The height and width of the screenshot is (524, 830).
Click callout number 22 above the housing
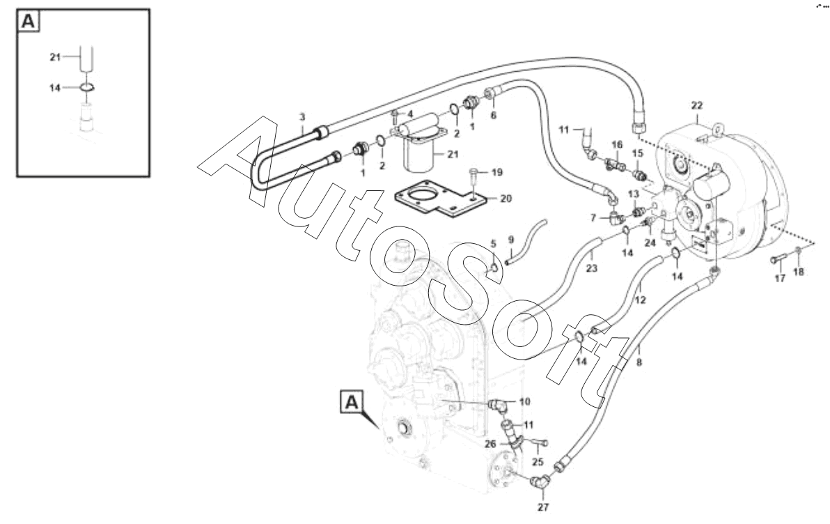tap(696, 105)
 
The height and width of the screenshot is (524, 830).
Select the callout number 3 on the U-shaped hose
tap(302, 117)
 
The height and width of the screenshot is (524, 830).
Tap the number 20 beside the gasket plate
tap(506, 199)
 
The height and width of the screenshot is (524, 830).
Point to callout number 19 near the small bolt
tap(496, 171)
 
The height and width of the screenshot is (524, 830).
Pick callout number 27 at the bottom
tap(542, 507)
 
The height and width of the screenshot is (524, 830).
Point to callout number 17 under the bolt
tap(779, 278)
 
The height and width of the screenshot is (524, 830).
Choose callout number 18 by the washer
tap(799, 272)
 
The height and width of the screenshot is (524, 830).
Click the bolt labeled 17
tap(778, 261)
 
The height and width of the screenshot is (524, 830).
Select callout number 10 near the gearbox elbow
tap(524, 401)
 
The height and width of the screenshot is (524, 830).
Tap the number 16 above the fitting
tap(617, 144)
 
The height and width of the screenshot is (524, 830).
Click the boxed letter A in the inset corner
tap(29, 22)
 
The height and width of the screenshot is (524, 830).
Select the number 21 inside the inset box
tap(55, 58)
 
